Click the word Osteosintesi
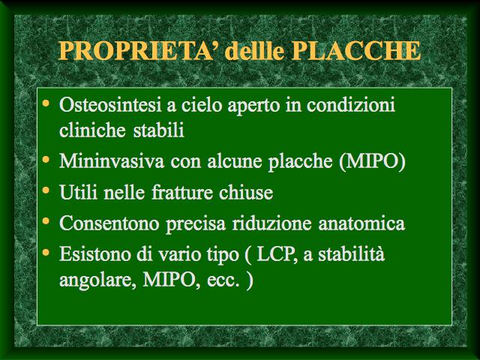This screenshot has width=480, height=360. coord(110,105)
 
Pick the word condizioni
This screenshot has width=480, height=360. coord(351,105)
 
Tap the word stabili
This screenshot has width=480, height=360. coord(158,130)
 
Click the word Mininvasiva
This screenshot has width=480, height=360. coord(112,160)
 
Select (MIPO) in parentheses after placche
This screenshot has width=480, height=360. coord(372,161)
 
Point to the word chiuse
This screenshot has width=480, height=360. coord(246,192)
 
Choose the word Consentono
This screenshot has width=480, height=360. coord(109,223)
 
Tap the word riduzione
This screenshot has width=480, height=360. coord(272,223)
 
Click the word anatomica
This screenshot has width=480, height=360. coord(361,223)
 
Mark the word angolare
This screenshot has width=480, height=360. coord(97,280)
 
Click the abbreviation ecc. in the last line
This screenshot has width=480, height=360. coord(223,280)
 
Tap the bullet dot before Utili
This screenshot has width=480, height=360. coord(46,190)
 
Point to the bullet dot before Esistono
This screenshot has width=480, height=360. coord(46,252)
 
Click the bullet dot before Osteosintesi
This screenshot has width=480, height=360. coord(46,103)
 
